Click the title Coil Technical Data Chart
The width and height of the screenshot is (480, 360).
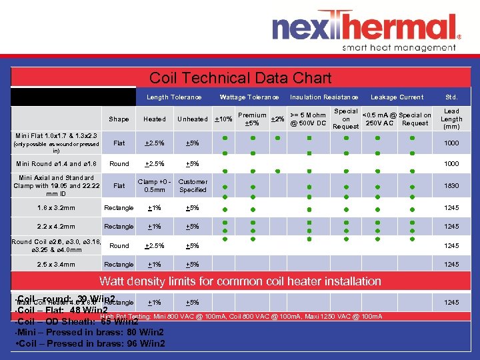(240, 78)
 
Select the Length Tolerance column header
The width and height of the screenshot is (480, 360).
(173, 97)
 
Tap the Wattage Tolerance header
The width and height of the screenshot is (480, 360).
(249, 97)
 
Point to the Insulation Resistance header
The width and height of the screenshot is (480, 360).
(324, 97)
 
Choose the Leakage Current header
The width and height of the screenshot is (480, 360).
(397, 97)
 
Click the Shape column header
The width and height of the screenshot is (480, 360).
(119, 119)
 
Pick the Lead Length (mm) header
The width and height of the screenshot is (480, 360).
(451, 119)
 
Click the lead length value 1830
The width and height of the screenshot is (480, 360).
(451, 186)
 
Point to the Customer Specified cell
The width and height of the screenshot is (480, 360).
(193, 186)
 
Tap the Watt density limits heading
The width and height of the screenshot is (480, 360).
(240, 281)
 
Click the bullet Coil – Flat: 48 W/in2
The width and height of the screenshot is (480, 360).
(60, 310)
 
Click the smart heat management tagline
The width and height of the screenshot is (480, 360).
(398, 48)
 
